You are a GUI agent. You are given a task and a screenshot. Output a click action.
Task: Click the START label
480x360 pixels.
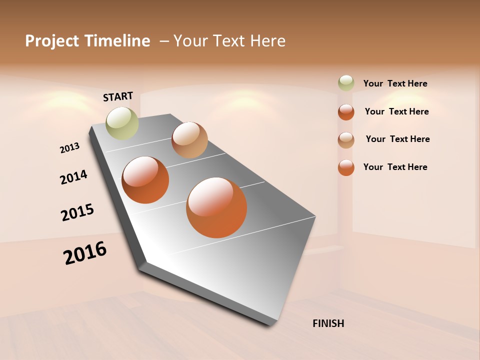click(118, 96)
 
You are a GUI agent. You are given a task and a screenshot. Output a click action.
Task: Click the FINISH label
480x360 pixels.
click(328, 323)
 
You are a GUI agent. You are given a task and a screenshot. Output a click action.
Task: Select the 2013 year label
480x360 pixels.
click(69, 147)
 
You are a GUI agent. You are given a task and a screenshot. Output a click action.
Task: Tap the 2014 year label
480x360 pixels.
click(73, 177)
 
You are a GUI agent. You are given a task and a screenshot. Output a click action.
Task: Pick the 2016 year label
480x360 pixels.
click(85, 253)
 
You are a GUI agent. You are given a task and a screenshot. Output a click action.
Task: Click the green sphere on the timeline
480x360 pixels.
click(122, 123)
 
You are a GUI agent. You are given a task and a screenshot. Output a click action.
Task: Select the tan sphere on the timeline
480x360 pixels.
click(189, 140)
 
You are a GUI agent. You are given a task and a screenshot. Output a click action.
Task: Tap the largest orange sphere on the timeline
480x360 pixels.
click(216, 207)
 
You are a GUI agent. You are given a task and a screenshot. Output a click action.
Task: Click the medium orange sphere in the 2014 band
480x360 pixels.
click(145, 180)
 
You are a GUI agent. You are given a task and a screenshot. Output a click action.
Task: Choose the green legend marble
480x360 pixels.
click(346, 83)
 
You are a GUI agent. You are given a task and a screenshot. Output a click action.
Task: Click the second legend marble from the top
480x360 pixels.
click(346, 112)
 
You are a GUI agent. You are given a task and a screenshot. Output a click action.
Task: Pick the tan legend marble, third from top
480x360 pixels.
click(346, 140)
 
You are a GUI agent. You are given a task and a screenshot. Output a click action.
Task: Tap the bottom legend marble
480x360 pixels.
click(346, 167)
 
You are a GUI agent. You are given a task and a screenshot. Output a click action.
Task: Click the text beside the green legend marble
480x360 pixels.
click(395, 83)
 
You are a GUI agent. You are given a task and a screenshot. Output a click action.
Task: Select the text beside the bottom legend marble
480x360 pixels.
click(395, 167)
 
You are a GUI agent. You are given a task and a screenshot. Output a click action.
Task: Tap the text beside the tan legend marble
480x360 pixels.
click(397, 139)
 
